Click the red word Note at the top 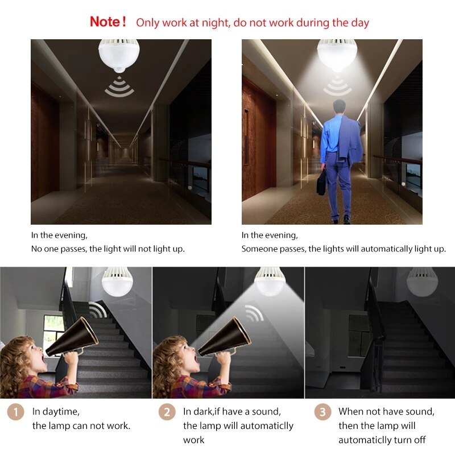105,22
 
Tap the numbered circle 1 16,412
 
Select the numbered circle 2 167,412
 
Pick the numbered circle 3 322,412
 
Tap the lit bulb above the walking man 337,54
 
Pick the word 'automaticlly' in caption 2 267,425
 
